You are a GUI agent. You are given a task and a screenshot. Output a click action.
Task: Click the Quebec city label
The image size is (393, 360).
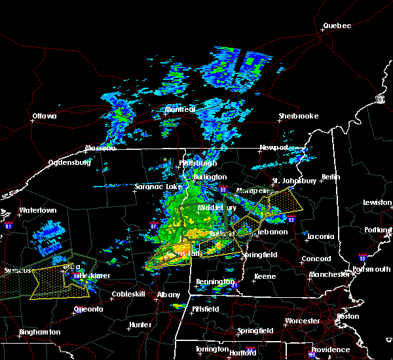[x=337, y=26]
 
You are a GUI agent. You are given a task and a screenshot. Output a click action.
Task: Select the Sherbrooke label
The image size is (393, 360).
[x=298, y=116]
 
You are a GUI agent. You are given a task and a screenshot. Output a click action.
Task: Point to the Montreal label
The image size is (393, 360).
[x=180, y=109]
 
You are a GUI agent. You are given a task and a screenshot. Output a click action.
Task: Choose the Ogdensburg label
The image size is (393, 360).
[x=69, y=162]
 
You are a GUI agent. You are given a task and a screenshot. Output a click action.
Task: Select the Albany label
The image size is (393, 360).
[x=168, y=295]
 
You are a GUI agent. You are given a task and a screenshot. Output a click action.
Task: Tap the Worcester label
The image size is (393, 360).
[x=303, y=321]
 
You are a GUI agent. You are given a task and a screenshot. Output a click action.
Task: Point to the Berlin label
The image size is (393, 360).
[x=332, y=177]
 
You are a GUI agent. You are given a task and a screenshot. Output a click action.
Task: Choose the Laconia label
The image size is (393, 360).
[x=321, y=236]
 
